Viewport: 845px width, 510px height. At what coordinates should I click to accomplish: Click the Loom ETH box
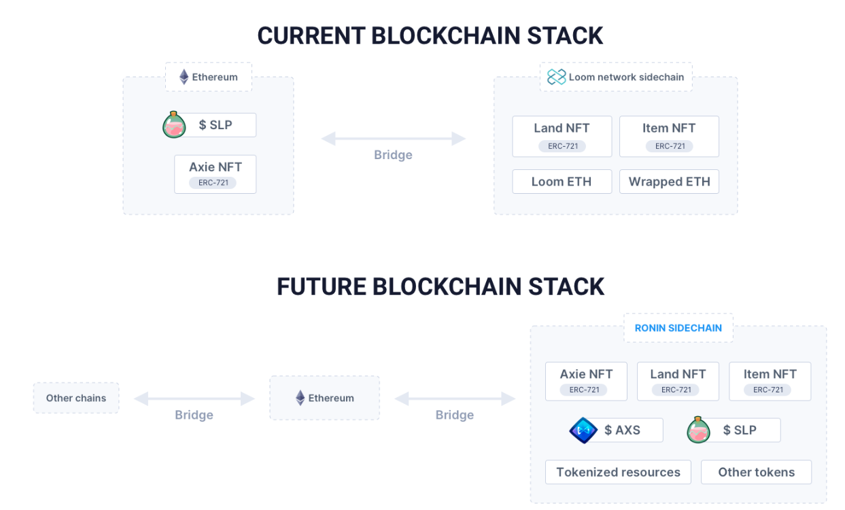click(x=562, y=182)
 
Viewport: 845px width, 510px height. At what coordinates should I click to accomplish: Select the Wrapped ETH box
click(x=669, y=182)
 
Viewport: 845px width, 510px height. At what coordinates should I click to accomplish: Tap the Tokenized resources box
click(x=618, y=472)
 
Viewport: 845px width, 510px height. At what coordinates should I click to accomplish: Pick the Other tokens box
click(x=756, y=472)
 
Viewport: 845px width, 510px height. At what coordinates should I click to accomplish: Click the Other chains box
click(x=76, y=398)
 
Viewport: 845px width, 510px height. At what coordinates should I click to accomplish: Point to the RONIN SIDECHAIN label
click(x=678, y=328)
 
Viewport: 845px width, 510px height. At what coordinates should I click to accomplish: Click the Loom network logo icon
click(x=556, y=77)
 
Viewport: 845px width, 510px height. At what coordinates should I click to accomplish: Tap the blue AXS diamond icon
click(x=583, y=430)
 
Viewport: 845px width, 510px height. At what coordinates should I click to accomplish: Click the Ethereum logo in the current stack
click(x=184, y=77)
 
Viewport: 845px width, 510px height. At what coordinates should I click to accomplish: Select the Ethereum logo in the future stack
click(x=300, y=398)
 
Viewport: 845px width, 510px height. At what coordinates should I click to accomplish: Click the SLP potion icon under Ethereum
click(x=174, y=124)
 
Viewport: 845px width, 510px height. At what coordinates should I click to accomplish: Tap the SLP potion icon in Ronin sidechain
click(x=698, y=430)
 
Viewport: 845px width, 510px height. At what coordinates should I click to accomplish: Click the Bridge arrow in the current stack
click(x=394, y=139)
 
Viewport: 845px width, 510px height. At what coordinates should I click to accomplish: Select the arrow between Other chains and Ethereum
click(x=194, y=398)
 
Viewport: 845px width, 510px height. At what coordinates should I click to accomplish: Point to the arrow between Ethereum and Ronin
click(x=455, y=398)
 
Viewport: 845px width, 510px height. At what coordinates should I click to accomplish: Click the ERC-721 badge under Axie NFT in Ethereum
click(x=213, y=182)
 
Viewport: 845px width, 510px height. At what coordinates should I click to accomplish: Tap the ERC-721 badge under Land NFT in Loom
click(x=562, y=146)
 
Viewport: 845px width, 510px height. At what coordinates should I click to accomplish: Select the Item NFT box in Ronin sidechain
click(x=770, y=381)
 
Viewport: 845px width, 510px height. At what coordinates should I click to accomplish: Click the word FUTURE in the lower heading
click(x=322, y=287)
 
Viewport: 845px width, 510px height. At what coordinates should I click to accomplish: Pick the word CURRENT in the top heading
click(x=311, y=36)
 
